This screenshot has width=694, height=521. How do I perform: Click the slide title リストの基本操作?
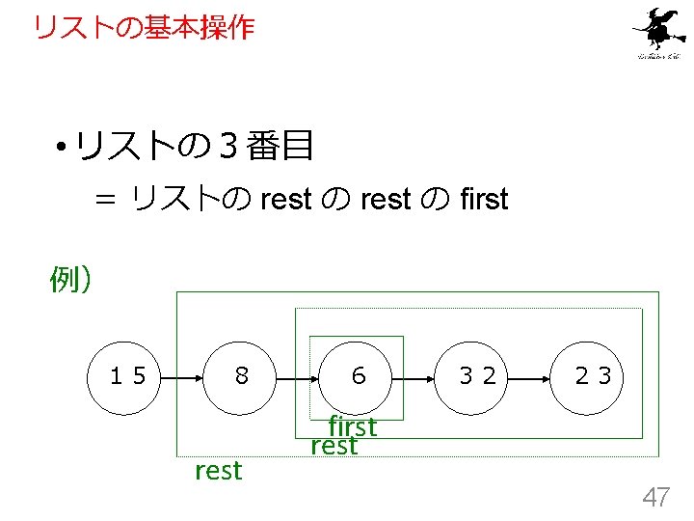click(144, 27)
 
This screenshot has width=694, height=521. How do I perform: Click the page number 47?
click(656, 498)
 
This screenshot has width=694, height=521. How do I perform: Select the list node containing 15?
click(128, 375)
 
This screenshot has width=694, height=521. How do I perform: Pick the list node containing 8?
click(241, 375)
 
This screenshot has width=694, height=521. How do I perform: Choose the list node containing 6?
click(358, 375)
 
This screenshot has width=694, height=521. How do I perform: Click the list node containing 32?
click(477, 375)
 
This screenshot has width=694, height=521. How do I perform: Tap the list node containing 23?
click(593, 375)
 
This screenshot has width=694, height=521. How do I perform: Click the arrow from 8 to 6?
click(299, 375)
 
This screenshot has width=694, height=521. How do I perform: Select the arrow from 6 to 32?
click(416, 375)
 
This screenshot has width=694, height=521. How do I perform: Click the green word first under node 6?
click(352, 425)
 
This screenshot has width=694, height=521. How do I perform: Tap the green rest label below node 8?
click(219, 471)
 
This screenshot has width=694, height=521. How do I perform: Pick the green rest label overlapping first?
click(334, 447)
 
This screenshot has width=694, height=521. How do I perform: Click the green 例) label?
click(70, 280)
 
